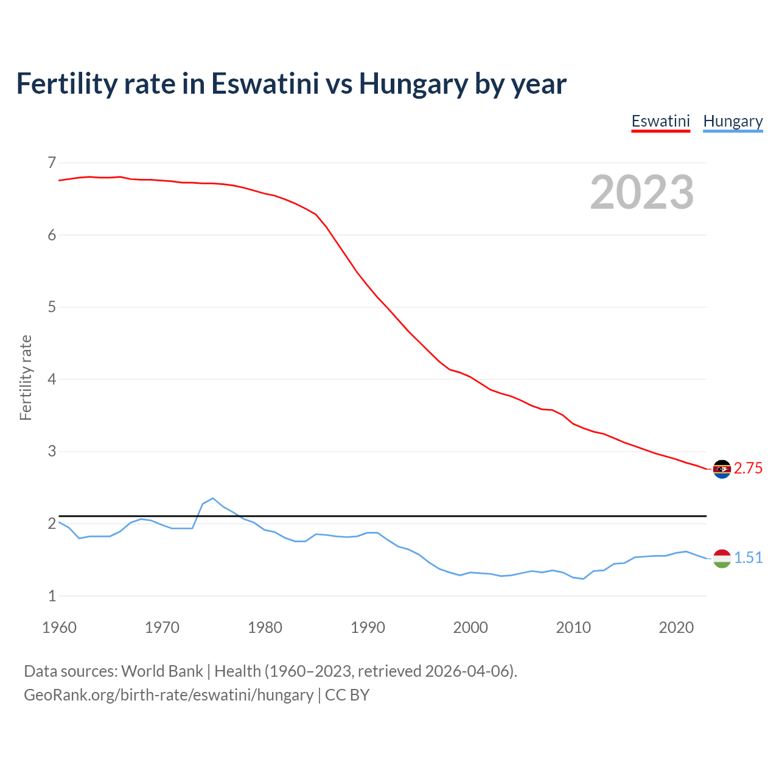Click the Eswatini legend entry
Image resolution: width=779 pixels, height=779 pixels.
[660, 121]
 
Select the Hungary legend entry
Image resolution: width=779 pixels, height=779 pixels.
[733, 121]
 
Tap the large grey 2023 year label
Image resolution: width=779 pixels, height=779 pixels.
[641, 192]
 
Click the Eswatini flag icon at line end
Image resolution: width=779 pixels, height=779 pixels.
[722, 469]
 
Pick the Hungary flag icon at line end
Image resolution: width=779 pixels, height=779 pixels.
[722, 558]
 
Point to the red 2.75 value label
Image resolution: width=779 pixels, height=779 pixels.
[748, 468]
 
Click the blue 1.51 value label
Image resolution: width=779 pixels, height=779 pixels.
[748, 557]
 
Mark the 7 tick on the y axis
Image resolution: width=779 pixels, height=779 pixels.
[52, 162]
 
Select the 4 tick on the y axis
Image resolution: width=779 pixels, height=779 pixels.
[52, 379]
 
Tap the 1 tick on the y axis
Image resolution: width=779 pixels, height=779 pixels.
[52, 596]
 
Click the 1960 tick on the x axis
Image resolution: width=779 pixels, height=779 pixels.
[59, 627]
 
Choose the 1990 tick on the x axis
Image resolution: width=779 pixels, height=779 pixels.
[368, 627]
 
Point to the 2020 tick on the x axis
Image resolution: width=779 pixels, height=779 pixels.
[676, 627]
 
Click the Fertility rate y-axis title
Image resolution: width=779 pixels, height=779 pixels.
[26, 377]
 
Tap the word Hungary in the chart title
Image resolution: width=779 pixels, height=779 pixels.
[413, 83]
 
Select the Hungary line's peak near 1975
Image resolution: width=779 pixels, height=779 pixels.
[213, 498]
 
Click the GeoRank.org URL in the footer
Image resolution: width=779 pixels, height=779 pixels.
[168, 694]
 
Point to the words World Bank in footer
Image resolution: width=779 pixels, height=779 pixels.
[162, 671]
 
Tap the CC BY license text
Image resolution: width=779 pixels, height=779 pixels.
[347, 694]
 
